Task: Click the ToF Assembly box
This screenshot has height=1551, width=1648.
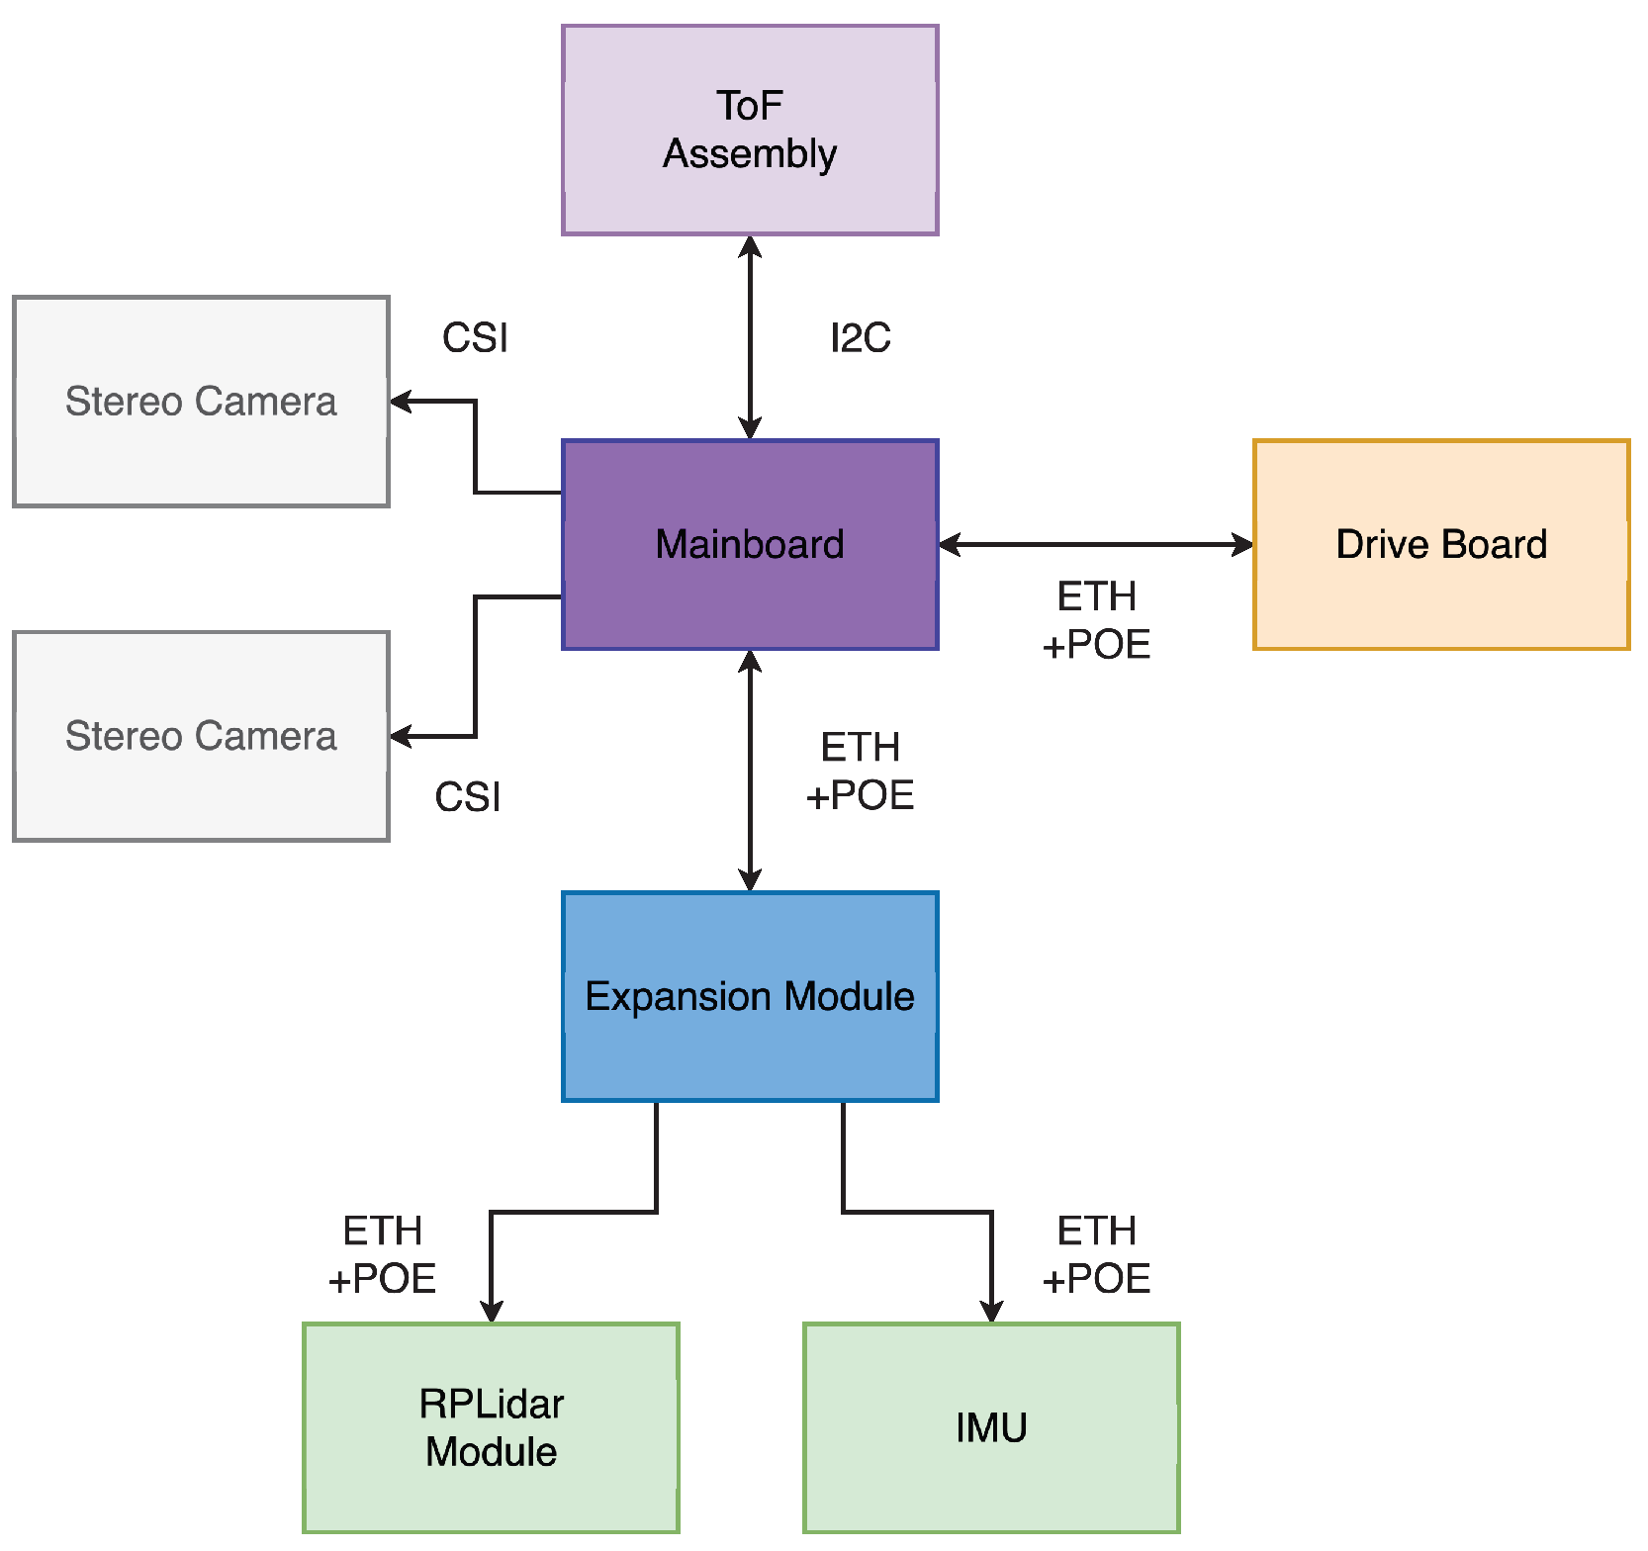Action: point(750,130)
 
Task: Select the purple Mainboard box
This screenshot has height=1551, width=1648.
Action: point(750,544)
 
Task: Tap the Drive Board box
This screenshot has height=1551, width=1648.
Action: point(1441,544)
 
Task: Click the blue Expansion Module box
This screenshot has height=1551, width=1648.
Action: point(750,996)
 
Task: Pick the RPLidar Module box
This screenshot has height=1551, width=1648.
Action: point(491,1427)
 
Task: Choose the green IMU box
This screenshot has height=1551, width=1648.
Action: point(991,1427)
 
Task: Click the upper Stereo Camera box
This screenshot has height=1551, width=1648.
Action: point(201,402)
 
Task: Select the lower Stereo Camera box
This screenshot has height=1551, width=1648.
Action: point(201,736)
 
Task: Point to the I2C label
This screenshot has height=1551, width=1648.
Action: point(860,338)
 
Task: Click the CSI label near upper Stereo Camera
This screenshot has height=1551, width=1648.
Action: point(475,338)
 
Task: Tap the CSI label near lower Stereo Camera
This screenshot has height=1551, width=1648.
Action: point(467,797)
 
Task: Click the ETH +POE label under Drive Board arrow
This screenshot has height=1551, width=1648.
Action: point(1096,620)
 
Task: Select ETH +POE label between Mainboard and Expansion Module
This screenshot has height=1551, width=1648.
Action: point(860,772)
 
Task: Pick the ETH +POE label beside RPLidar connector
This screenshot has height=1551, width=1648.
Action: point(382,1255)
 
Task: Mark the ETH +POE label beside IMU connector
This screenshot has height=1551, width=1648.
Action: point(1096,1255)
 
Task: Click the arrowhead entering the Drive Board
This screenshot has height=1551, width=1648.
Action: point(1242,544)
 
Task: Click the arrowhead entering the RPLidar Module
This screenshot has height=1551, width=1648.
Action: point(491,1312)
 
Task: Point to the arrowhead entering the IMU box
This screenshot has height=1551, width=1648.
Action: point(991,1312)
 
